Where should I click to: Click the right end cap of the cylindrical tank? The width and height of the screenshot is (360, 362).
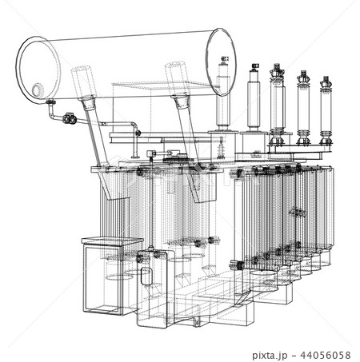tap(221, 62)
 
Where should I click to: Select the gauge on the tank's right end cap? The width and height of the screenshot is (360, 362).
tap(226, 60)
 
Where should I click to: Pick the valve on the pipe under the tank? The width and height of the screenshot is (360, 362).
tap(70, 119)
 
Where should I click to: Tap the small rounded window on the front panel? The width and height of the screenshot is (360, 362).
tap(146, 276)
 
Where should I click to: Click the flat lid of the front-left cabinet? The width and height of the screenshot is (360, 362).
tap(111, 241)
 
